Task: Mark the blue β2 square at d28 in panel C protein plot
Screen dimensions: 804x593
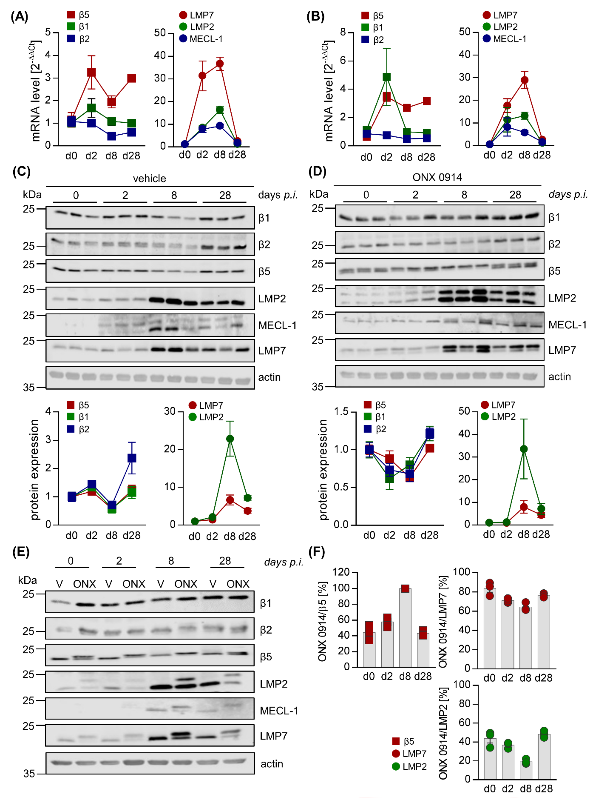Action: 132,458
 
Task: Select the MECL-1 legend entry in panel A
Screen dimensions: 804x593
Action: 201,39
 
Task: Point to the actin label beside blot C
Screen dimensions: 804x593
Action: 269,377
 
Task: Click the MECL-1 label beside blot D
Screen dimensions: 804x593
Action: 567,325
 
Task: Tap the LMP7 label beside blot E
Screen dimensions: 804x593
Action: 274,736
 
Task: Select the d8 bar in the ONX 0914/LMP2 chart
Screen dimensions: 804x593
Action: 526,770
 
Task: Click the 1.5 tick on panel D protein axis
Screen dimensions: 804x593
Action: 341,411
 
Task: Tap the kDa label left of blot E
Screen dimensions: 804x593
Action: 27,580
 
